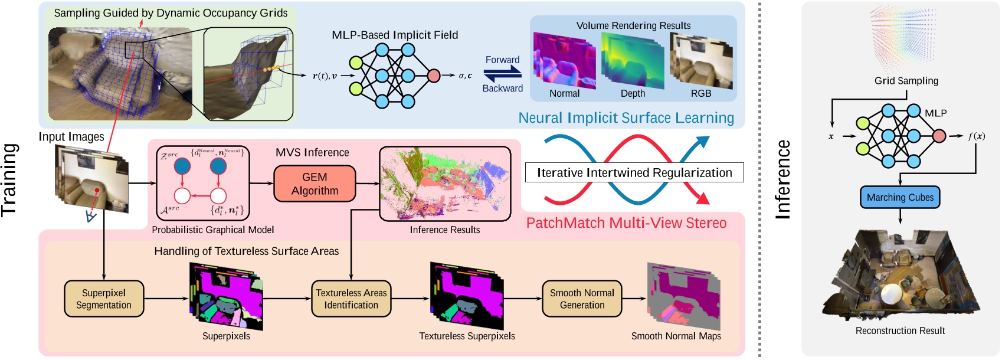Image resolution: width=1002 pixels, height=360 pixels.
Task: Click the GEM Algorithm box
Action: pyautogui.click(x=315, y=184)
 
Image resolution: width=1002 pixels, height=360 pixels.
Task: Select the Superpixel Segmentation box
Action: pyautogui.click(x=104, y=299)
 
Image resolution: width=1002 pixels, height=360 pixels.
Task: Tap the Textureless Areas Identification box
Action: pyautogui.click(x=351, y=299)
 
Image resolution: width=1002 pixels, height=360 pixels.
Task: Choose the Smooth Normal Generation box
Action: pyautogui.click(x=582, y=299)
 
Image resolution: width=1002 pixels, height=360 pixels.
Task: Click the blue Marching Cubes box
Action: pyautogui.click(x=900, y=198)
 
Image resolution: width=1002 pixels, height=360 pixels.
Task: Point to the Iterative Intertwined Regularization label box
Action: pyautogui.click(x=634, y=172)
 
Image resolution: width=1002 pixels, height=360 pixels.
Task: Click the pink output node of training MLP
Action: pyautogui.click(x=434, y=76)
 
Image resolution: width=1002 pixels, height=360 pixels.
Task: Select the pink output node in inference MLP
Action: pyautogui.click(x=939, y=136)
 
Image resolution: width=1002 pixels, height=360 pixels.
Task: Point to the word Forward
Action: pyautogui.click(x=502, y=60)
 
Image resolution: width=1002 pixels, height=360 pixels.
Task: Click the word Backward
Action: pyautogui.click(x=502, y=89)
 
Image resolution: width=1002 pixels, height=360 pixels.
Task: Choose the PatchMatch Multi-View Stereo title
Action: pyautogui.click(x=626, y=223)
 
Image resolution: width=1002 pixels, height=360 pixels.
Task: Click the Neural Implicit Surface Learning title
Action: pyautogui.click(x=626, y=118)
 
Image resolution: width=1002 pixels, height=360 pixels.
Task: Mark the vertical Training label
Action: pyautogui.click(x=9, y=179)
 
